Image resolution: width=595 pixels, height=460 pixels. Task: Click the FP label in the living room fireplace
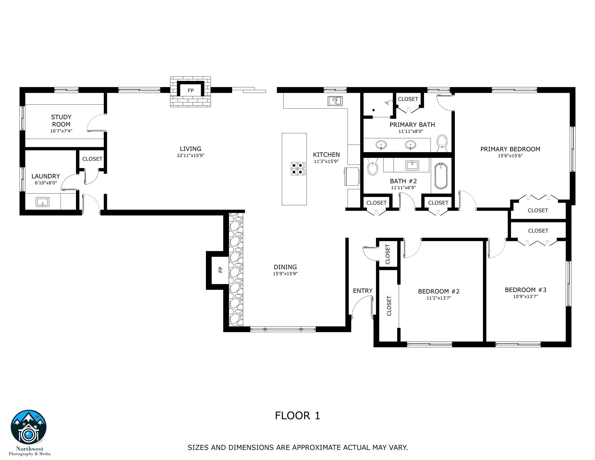(x=191, y=91)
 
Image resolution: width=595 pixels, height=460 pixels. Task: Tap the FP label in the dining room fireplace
(x=221, y=270)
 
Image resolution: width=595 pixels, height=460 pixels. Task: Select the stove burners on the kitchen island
(x=298, y=169)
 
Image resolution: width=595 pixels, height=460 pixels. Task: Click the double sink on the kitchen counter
(x=335, y=101)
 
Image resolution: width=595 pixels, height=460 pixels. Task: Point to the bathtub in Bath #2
(x=441, y=176)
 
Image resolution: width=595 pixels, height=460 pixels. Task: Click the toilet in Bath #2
(x=372, y=169)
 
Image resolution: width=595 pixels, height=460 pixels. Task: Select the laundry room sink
(x=42, y=202)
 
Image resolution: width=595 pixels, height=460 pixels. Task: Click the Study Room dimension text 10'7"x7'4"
(x=61, y=131)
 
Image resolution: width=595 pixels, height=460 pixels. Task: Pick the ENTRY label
(x=362, y=291)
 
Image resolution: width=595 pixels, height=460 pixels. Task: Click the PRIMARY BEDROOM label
(x=510, y=149)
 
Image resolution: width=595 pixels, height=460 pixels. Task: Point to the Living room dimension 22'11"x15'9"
(x=190, y=155)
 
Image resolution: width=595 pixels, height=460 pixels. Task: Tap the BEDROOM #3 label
(x=525, y=290)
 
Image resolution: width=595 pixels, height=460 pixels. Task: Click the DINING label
(x=285, y=267)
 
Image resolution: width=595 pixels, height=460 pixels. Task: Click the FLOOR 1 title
(x=297, y=416)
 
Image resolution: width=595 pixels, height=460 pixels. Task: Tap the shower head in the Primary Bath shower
(x=388, y=103)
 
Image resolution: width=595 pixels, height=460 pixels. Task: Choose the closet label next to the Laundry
(x=92, y=159)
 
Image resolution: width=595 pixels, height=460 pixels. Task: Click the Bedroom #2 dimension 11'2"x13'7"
(x=438, y=298)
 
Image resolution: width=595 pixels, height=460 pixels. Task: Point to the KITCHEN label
(x=326, y=155)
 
